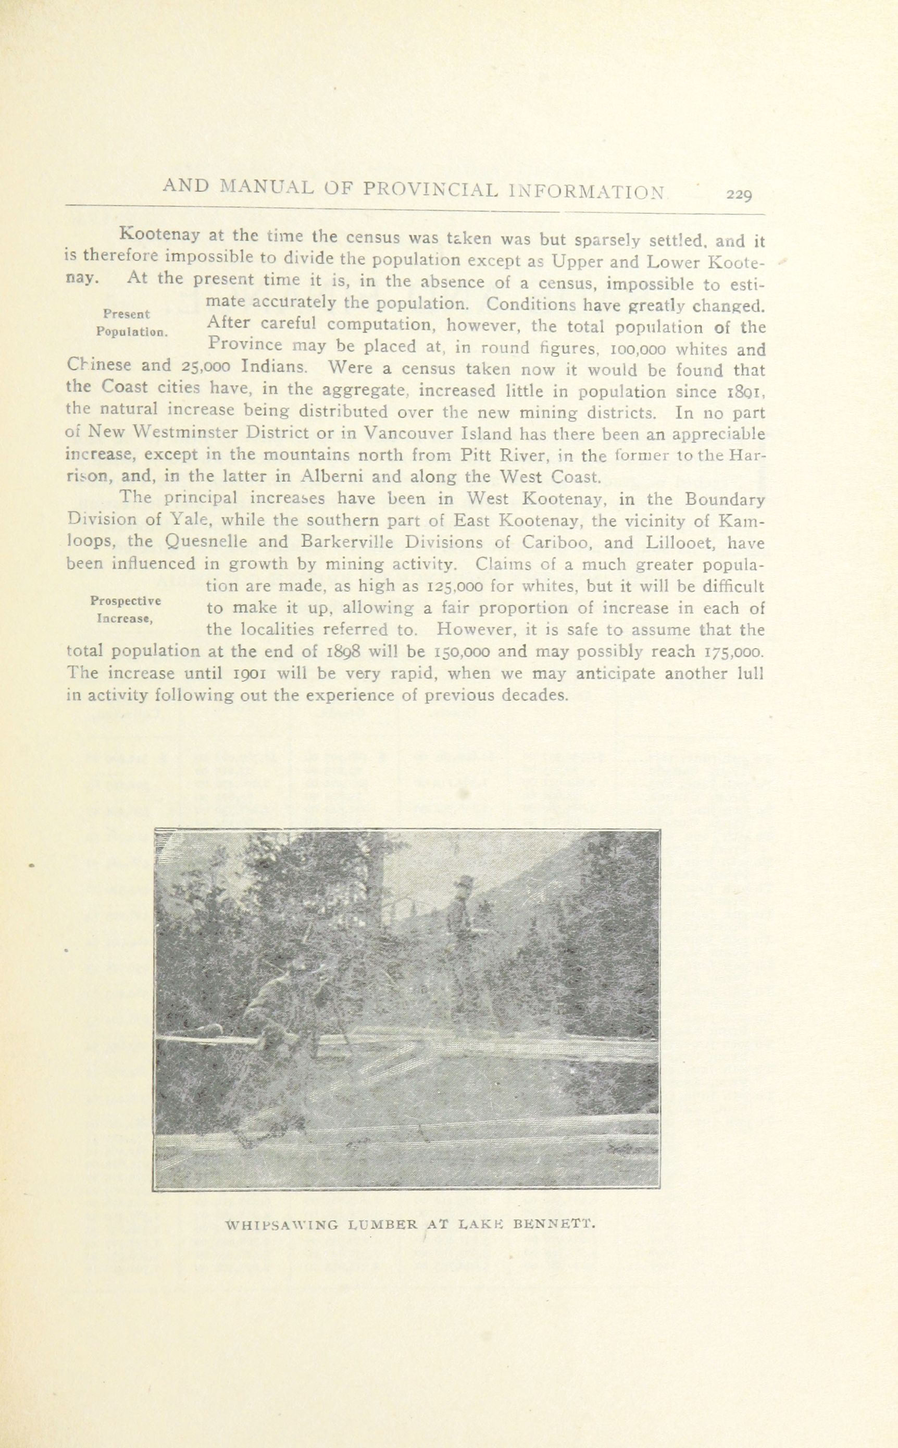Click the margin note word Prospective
click(x=126, y=599)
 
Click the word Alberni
click(x=330, y=476)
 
